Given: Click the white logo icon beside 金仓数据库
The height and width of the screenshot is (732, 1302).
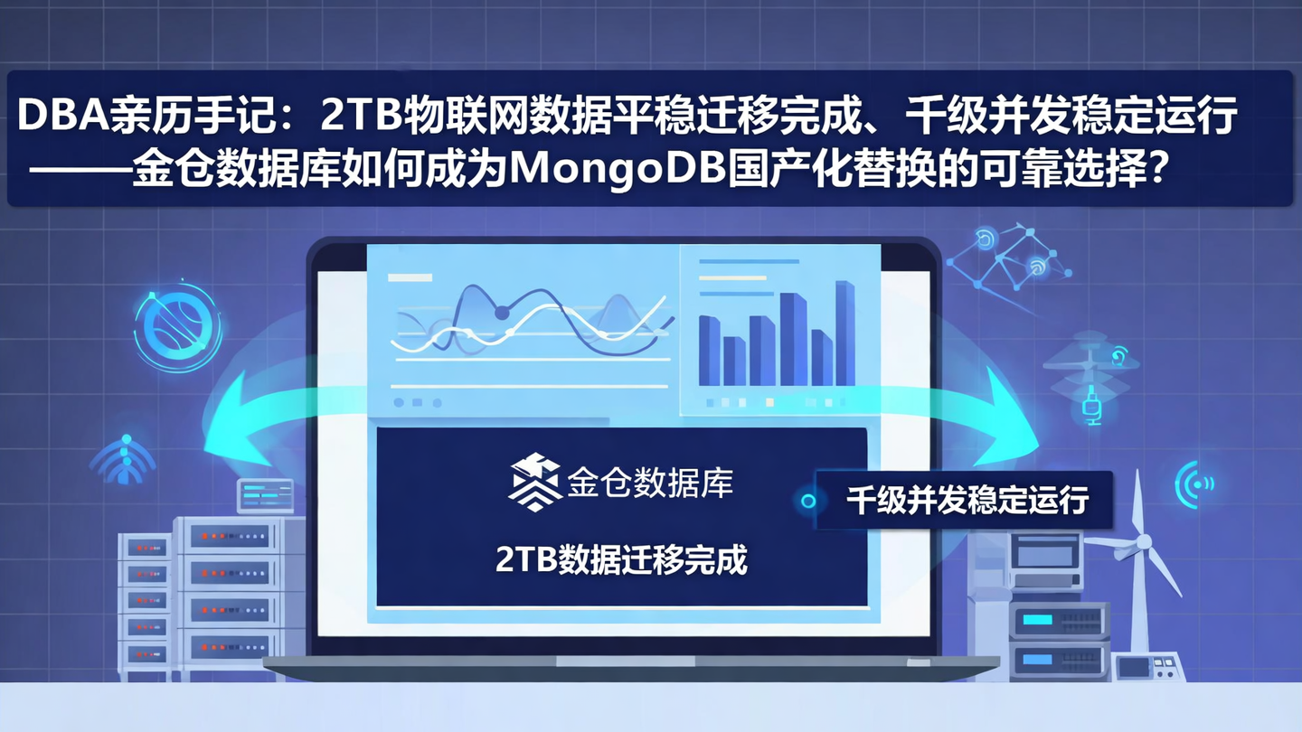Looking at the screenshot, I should (534, 482).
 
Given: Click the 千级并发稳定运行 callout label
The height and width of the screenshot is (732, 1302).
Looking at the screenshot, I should (967, 500).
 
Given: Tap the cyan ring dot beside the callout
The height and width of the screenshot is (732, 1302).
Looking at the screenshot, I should (808, 500).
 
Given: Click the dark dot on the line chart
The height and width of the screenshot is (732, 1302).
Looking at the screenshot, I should (502, 313).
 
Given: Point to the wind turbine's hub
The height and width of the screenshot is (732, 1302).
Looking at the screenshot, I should (1143, 542).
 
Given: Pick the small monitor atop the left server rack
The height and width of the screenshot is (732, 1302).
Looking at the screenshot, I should (264, 495).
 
